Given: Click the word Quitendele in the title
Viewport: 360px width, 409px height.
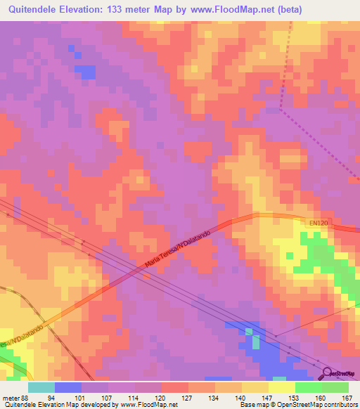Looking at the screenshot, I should click(36, 10).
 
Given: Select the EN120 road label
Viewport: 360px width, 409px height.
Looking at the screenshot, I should click(319, 223).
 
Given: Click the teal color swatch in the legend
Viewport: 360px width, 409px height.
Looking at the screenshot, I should click(41, 387).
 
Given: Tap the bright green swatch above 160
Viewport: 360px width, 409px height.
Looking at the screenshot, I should click(309, 387).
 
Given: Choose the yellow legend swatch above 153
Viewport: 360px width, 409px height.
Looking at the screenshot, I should click(282, 387).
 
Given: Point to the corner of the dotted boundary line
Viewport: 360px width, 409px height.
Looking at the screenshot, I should click(280, 110).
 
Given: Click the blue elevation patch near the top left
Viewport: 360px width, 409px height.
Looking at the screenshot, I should click(85, 71).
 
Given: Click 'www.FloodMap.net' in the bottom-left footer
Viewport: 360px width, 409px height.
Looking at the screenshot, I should click(148, 405).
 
